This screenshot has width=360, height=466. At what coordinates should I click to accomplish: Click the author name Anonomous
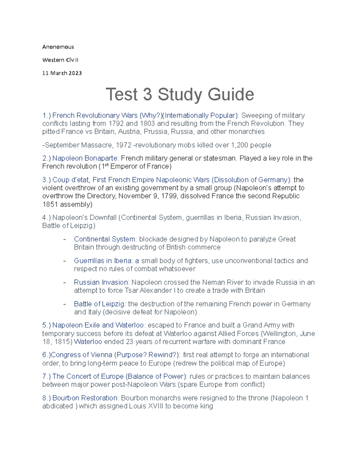[x=58, y=47]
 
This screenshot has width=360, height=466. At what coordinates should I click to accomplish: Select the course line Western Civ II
[x=60, y=60]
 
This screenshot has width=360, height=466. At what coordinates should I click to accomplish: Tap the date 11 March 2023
[x=62, y=73]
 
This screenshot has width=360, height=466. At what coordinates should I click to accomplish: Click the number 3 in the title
[x=147, y=95]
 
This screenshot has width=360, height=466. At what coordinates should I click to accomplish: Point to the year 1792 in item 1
[x=116, y=124]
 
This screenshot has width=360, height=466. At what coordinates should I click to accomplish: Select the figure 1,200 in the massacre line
[x=240, y=145]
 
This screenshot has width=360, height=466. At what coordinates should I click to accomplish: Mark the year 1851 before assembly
[x=50, y=205]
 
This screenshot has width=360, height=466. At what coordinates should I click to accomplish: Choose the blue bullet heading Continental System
[x=105, y=239]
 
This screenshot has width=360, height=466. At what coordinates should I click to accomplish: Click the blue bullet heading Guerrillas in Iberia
[x=103, y=261]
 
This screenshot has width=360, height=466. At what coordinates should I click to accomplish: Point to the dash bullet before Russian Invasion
[x=64, y=282]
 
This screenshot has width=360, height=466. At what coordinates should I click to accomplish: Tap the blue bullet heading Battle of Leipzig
[x=99, y=304]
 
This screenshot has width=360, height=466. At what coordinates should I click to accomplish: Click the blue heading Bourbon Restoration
[x=85, y=398]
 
